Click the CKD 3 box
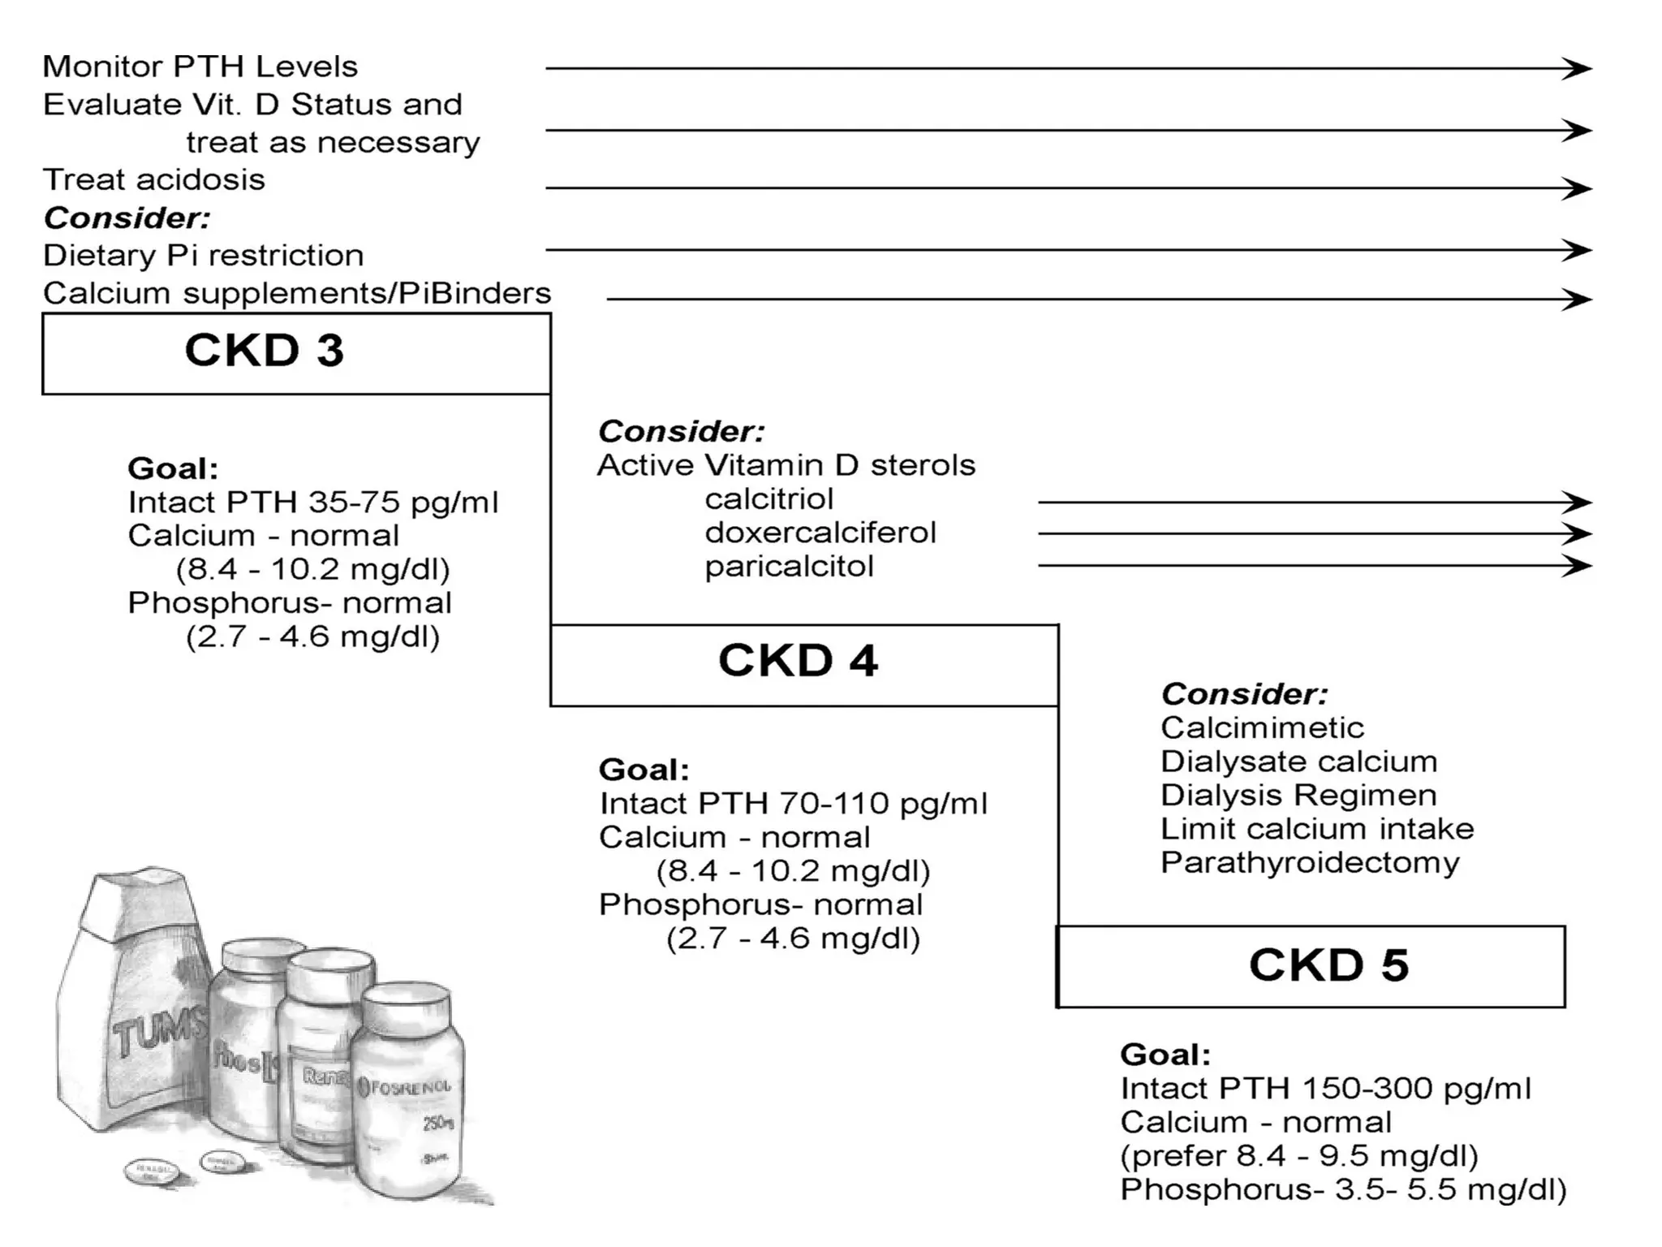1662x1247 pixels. click(296, 354)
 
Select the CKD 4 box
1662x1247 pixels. click(803, 664)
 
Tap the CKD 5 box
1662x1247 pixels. click(1311, 966)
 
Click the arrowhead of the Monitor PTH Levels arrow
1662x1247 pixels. click(1578, 68)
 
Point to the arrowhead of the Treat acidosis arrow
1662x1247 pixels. click(1578, 188)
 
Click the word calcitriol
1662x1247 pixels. click(769, 499)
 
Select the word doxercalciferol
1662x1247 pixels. click(820, 533)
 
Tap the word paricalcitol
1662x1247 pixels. click(789, 567)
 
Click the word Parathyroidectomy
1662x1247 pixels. click(1309, 863)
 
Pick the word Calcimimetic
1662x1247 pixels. click(1262, 727)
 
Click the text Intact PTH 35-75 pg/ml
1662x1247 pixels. click(312, 503)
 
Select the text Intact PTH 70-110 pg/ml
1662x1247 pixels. click(793, 804)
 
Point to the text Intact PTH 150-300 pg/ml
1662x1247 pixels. click(1325, 1089)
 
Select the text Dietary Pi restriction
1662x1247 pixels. click(203, 256)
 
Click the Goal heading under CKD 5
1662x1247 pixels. click(1165, 1055)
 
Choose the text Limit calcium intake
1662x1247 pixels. click(1316, 829)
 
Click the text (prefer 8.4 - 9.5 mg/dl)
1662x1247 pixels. click(1298, 1156)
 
